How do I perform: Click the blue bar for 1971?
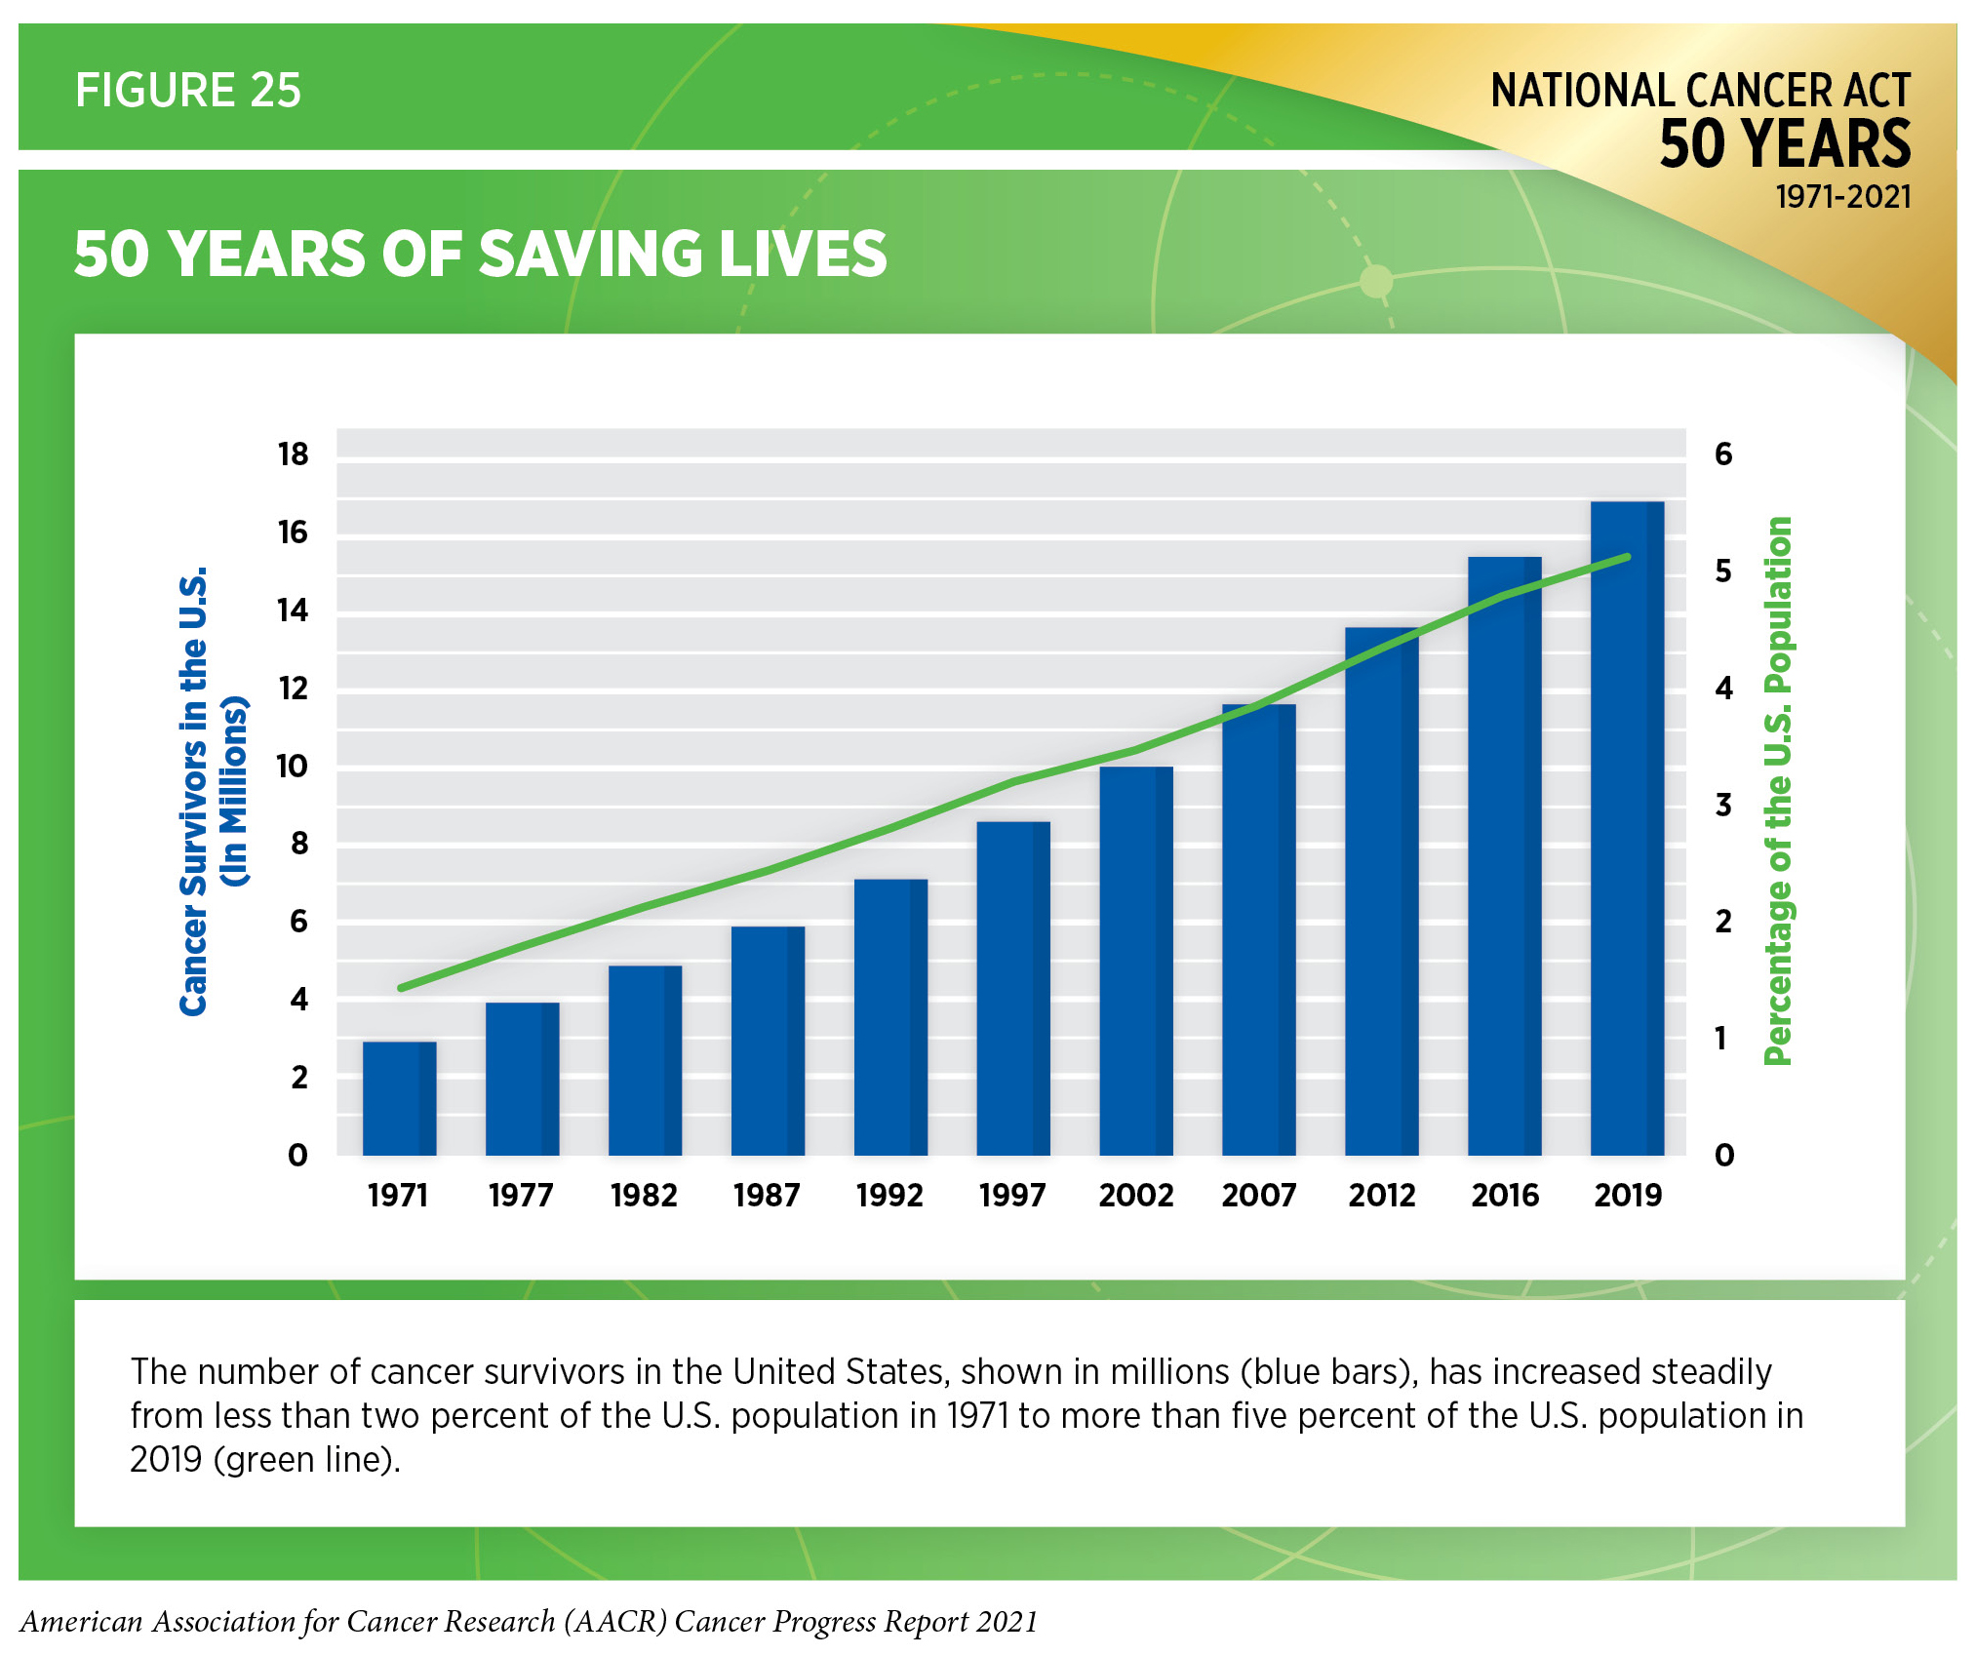(399, 1098)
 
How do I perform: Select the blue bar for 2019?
(1627, 829)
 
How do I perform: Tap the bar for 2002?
(1135, 961)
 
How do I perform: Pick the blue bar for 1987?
(768, 1041)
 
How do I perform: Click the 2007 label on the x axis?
(1258, 1195)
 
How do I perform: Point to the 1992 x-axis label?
(889, 1195)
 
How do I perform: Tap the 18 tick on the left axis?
(293, 454)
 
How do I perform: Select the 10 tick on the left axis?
(293, 767)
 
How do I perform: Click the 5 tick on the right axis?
(1723, 572)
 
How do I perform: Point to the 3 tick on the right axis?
(1723, 806)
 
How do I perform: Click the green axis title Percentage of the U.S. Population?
(1778, 790)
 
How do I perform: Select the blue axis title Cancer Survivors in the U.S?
(194, 790)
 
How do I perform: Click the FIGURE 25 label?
(188, 91)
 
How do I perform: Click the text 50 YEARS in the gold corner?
(1785, 144)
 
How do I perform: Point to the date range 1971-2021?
(1842, 197)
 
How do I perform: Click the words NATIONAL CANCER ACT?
(1700, 91)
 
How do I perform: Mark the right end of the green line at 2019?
(1627, 557)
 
